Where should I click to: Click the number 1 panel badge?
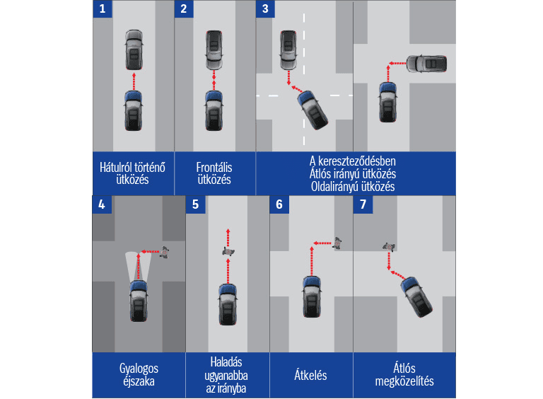(103, 9)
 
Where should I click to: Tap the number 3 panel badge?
(266, 9)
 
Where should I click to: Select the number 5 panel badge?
(196, 204)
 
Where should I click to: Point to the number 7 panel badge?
(363, 204)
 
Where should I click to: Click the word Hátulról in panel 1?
(116, 168)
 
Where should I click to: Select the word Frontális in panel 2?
(214, 168)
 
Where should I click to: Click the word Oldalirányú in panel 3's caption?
(336, 186)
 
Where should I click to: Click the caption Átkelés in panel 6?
(310, 374)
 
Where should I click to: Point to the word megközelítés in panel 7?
(404, 381)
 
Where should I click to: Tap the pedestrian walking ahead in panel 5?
(228, 249)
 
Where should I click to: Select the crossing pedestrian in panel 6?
(338, 243)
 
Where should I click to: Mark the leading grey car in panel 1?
(134, 50)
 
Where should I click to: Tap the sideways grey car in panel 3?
(426, 64)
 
